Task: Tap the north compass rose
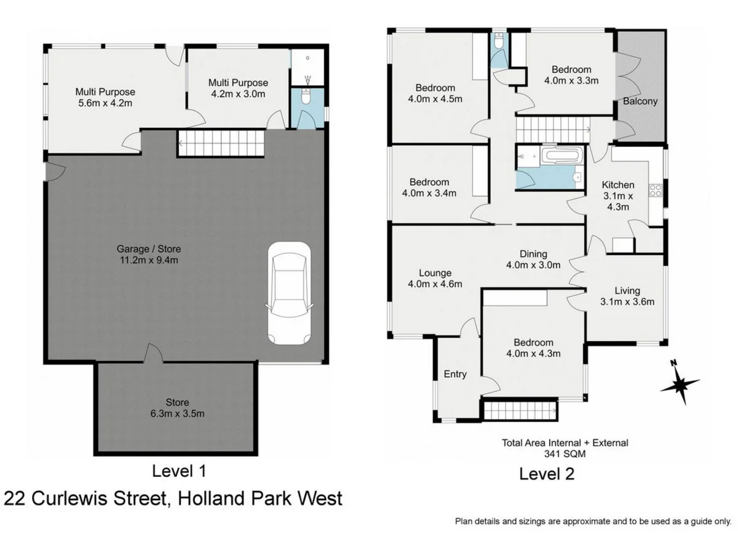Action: [x=680, y=384]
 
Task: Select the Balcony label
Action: [x=640, y=101]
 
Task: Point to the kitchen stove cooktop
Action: [x=656, y=190]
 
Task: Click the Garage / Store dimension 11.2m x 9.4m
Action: [x=149, y=260]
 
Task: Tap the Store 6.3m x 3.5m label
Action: [x=177, y=408]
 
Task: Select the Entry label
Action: [x=455, y=374]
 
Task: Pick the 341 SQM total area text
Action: [x=565, y=454]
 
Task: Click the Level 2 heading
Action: [x=547, y=474]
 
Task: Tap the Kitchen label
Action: [x=617, y=185]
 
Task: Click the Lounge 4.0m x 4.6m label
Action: [x=435, y=278]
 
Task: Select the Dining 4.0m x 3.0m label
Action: [x=533, y=260]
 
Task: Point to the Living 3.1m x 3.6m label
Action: [x=626, y=296]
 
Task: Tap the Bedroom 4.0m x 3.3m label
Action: [x=571, y=74]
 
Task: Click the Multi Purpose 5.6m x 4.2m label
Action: [x=105, y=97]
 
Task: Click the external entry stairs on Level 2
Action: [x=520, y=410]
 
